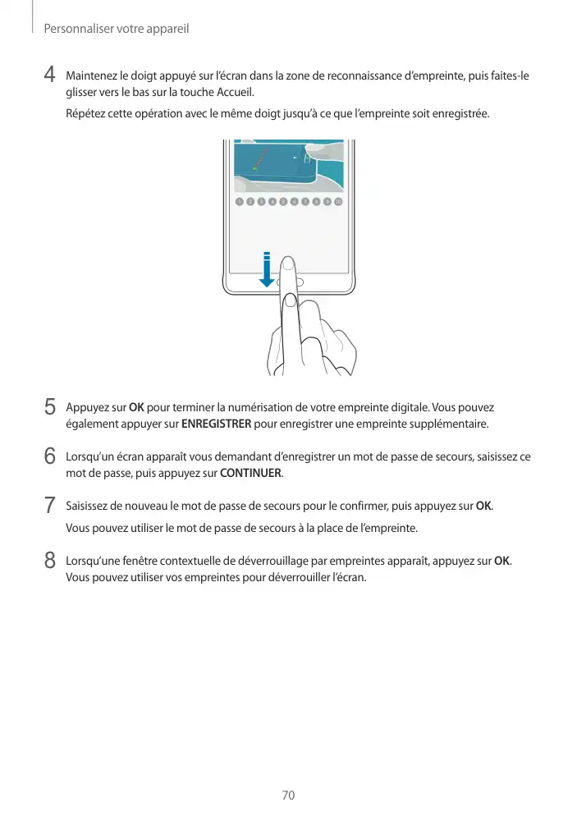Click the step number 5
[x=50, y=406]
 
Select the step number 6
[x=50, y=456]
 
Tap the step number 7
[x=50, y=504]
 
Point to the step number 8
[x=50, y=560]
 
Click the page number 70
[x=288, y=795]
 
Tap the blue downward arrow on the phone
[x=267, y=270]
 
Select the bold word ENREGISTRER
[x=216, y=424]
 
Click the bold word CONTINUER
[x=250, y=474]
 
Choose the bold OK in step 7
[x=483, y=504]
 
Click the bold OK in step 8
[x=501, y=561]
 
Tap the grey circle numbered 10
[x=338, y=201]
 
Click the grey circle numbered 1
[x=239, y=201]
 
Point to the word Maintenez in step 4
[x=93, y=76]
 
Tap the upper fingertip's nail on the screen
[x=288, y=264]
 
